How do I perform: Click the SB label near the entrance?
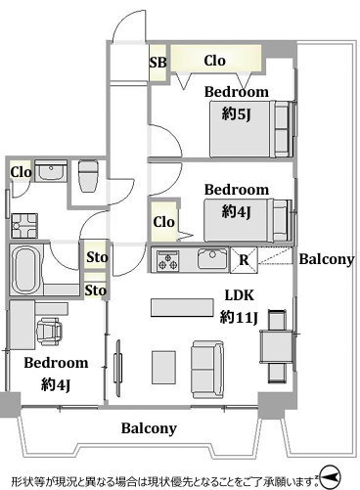pos(157,62)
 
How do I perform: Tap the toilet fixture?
pos(88,176)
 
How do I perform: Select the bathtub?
pos(25,269)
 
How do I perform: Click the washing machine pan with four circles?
pos(24,225)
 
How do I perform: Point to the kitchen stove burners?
pos(168,260)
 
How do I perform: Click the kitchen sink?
pos(212,259)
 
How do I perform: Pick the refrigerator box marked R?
pos(244,260)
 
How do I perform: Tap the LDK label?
pos(240,295)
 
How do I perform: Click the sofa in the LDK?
pos(207,370)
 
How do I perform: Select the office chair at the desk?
pos(50,332)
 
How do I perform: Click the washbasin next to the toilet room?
pos(51,170)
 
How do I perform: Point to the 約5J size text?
pos(237,114)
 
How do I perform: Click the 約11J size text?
pos(239,317)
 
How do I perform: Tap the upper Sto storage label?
pos(97,257)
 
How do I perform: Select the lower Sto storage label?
pos(96,290)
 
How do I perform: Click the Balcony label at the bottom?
pos(149,428)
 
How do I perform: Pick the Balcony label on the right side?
pos(327,259)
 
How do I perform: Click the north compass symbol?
pos(330,476)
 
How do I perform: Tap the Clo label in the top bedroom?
pos(214,61)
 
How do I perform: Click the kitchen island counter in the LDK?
pos(182,307)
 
